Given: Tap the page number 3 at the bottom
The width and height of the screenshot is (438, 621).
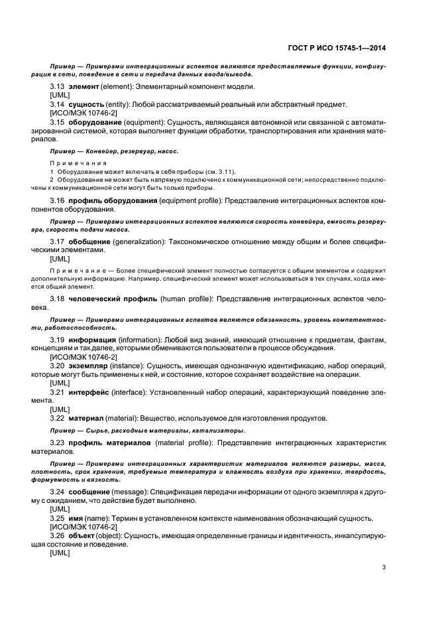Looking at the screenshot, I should [384, 567].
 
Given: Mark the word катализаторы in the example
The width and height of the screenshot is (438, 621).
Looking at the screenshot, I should [199, 431].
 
